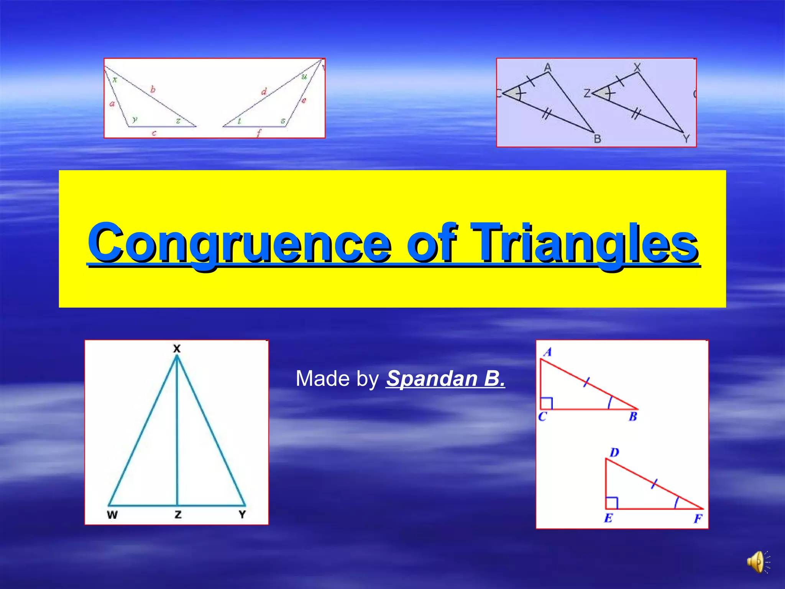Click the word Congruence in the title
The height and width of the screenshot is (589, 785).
click(x=239, y=243)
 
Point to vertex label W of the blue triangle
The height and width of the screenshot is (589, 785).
click(x=112, y=515)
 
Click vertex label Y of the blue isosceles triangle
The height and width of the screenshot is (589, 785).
click(x=242, y=515)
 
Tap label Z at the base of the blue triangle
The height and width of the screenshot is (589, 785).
click(x=178, y=515)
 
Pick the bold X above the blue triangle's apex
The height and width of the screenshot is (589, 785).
click(x=177, y=349)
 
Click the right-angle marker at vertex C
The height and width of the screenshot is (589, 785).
click(x=546, y=403)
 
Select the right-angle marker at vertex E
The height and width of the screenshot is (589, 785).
click(x=612, y=503)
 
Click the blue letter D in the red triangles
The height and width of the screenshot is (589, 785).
click(x=614, y=452)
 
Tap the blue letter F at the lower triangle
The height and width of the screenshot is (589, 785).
click(x=698, y=519)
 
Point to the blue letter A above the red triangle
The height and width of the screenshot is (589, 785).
click(x=547, y=352)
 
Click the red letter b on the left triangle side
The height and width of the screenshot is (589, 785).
click(x=153, y=90)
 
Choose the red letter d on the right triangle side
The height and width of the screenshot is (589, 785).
click(x=264, y=92)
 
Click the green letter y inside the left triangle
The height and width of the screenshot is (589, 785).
click(x=135, y=119)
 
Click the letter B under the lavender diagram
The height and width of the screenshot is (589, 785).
click(x=597, y=139)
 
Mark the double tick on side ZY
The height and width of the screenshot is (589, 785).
click(x=636, y=114)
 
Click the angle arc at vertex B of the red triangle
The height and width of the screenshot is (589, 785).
click(x=610, y=403)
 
